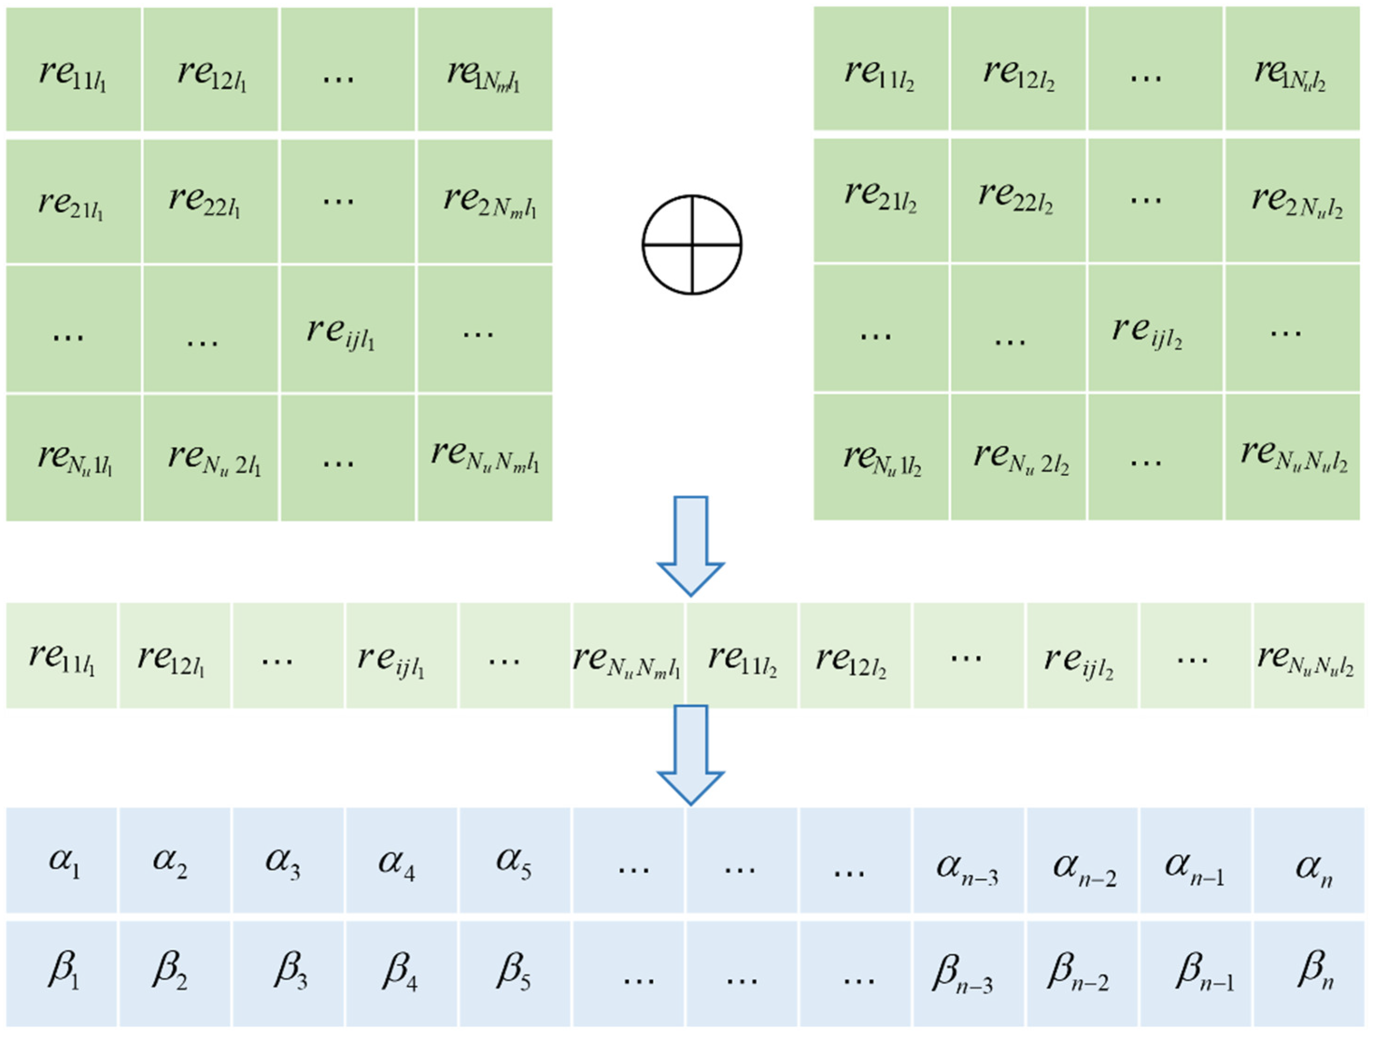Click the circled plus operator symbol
(691, 244)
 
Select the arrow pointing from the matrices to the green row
(690, 546)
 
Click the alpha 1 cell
(62, 861)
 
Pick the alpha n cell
(1309, 861)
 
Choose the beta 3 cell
(289, 974)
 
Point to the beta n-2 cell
(1082, 974)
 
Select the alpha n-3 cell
(968, 861)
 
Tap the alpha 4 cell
(401, 861)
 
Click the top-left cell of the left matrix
(73, 70)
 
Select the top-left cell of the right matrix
(881, 70)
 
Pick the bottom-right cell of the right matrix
(1292, 457)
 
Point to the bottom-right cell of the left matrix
(485, 458)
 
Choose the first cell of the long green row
(62, 655)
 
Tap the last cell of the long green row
(1309, 655)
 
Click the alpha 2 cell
(175, 861)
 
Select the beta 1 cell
(62, 974)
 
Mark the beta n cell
(1309, 974)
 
